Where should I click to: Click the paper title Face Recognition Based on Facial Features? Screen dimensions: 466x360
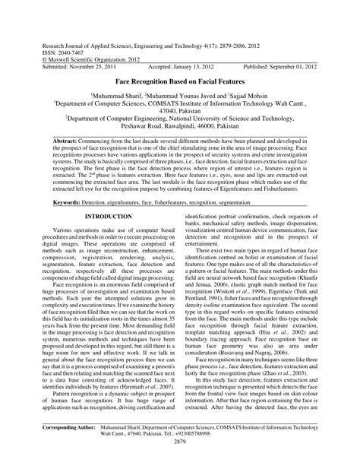click(180, 79)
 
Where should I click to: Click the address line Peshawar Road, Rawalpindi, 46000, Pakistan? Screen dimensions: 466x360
click(180, 128)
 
